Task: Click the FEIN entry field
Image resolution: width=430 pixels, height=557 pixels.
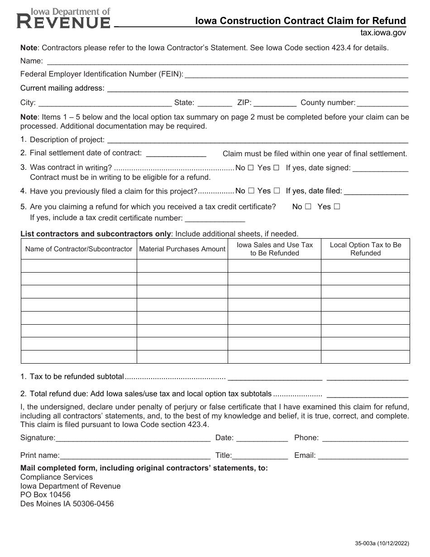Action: [x=296, y=74]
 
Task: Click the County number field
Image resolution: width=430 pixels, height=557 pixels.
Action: [x=382, y=103]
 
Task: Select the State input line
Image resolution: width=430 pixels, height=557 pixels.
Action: [x=215, y=103]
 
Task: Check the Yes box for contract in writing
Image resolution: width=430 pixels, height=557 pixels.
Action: [x=276, y=168]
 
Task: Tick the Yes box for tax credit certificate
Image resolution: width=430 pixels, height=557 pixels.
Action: [x=336, y=207]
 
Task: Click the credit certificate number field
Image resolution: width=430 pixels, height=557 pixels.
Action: [x=215, y=218]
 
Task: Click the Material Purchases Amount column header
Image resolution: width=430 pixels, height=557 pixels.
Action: [x=182, y=249]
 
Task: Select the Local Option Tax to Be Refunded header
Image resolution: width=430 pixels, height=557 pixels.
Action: [x=365, y=249]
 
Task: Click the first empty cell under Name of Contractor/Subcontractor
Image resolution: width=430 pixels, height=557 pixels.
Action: [x=79, y=266]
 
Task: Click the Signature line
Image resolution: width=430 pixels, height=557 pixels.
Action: [x=133, y=438]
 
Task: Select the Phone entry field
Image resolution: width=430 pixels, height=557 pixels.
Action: [x=365, y=438]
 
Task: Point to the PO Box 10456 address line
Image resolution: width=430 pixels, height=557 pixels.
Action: [x=45, y=495]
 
